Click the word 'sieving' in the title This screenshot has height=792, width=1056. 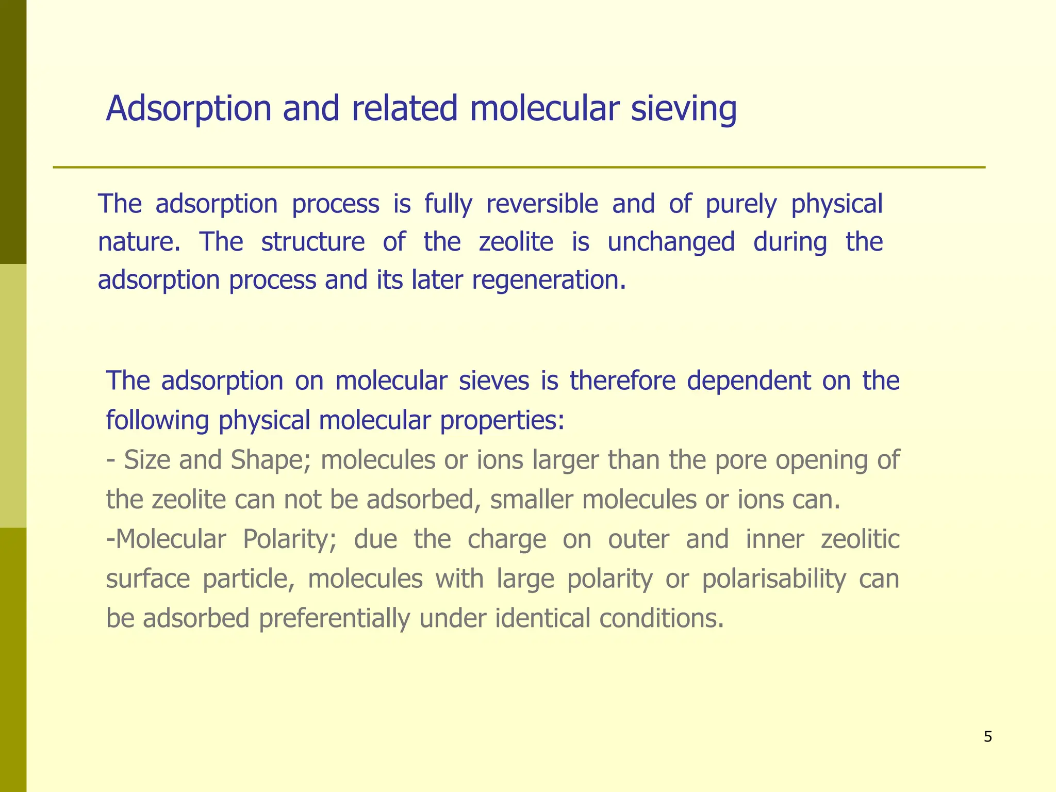pyautogui.click(x=683, y=109)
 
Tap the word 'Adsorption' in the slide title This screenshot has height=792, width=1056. pyautogui.click(x=188, y=109)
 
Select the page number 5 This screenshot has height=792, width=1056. pyautogui.click(x=987, y=737)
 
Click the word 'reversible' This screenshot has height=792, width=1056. pyautogui.click(x=542, y=204)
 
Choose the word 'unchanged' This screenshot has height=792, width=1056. pyautogui.click(x=671, y=242)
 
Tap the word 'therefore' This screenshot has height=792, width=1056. pyautogui.click(x=622, y=381)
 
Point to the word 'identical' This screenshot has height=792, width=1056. pyautogui.click(x=542, y=618)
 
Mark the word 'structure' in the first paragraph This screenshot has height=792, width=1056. pyautogui.click(x=313, y=242)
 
